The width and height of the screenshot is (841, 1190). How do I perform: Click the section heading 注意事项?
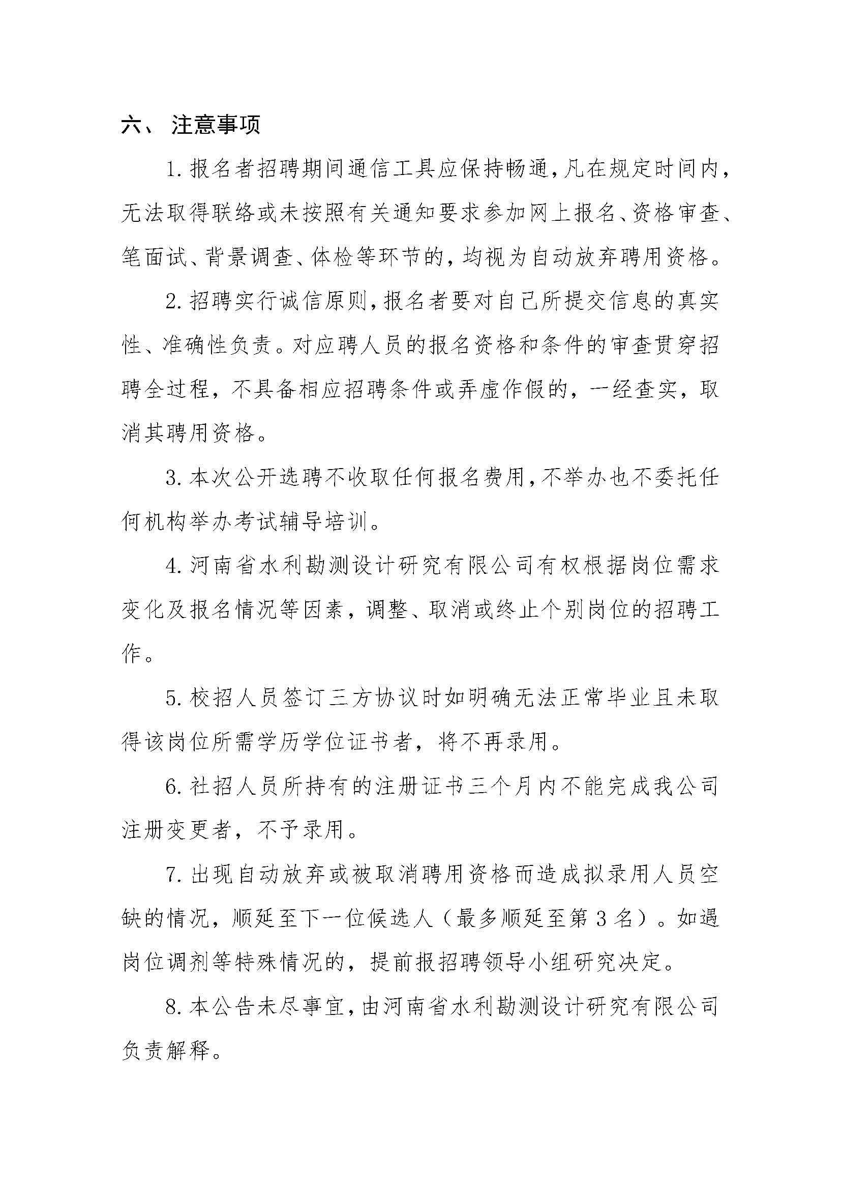216,126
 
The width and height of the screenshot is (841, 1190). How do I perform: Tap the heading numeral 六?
132,126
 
